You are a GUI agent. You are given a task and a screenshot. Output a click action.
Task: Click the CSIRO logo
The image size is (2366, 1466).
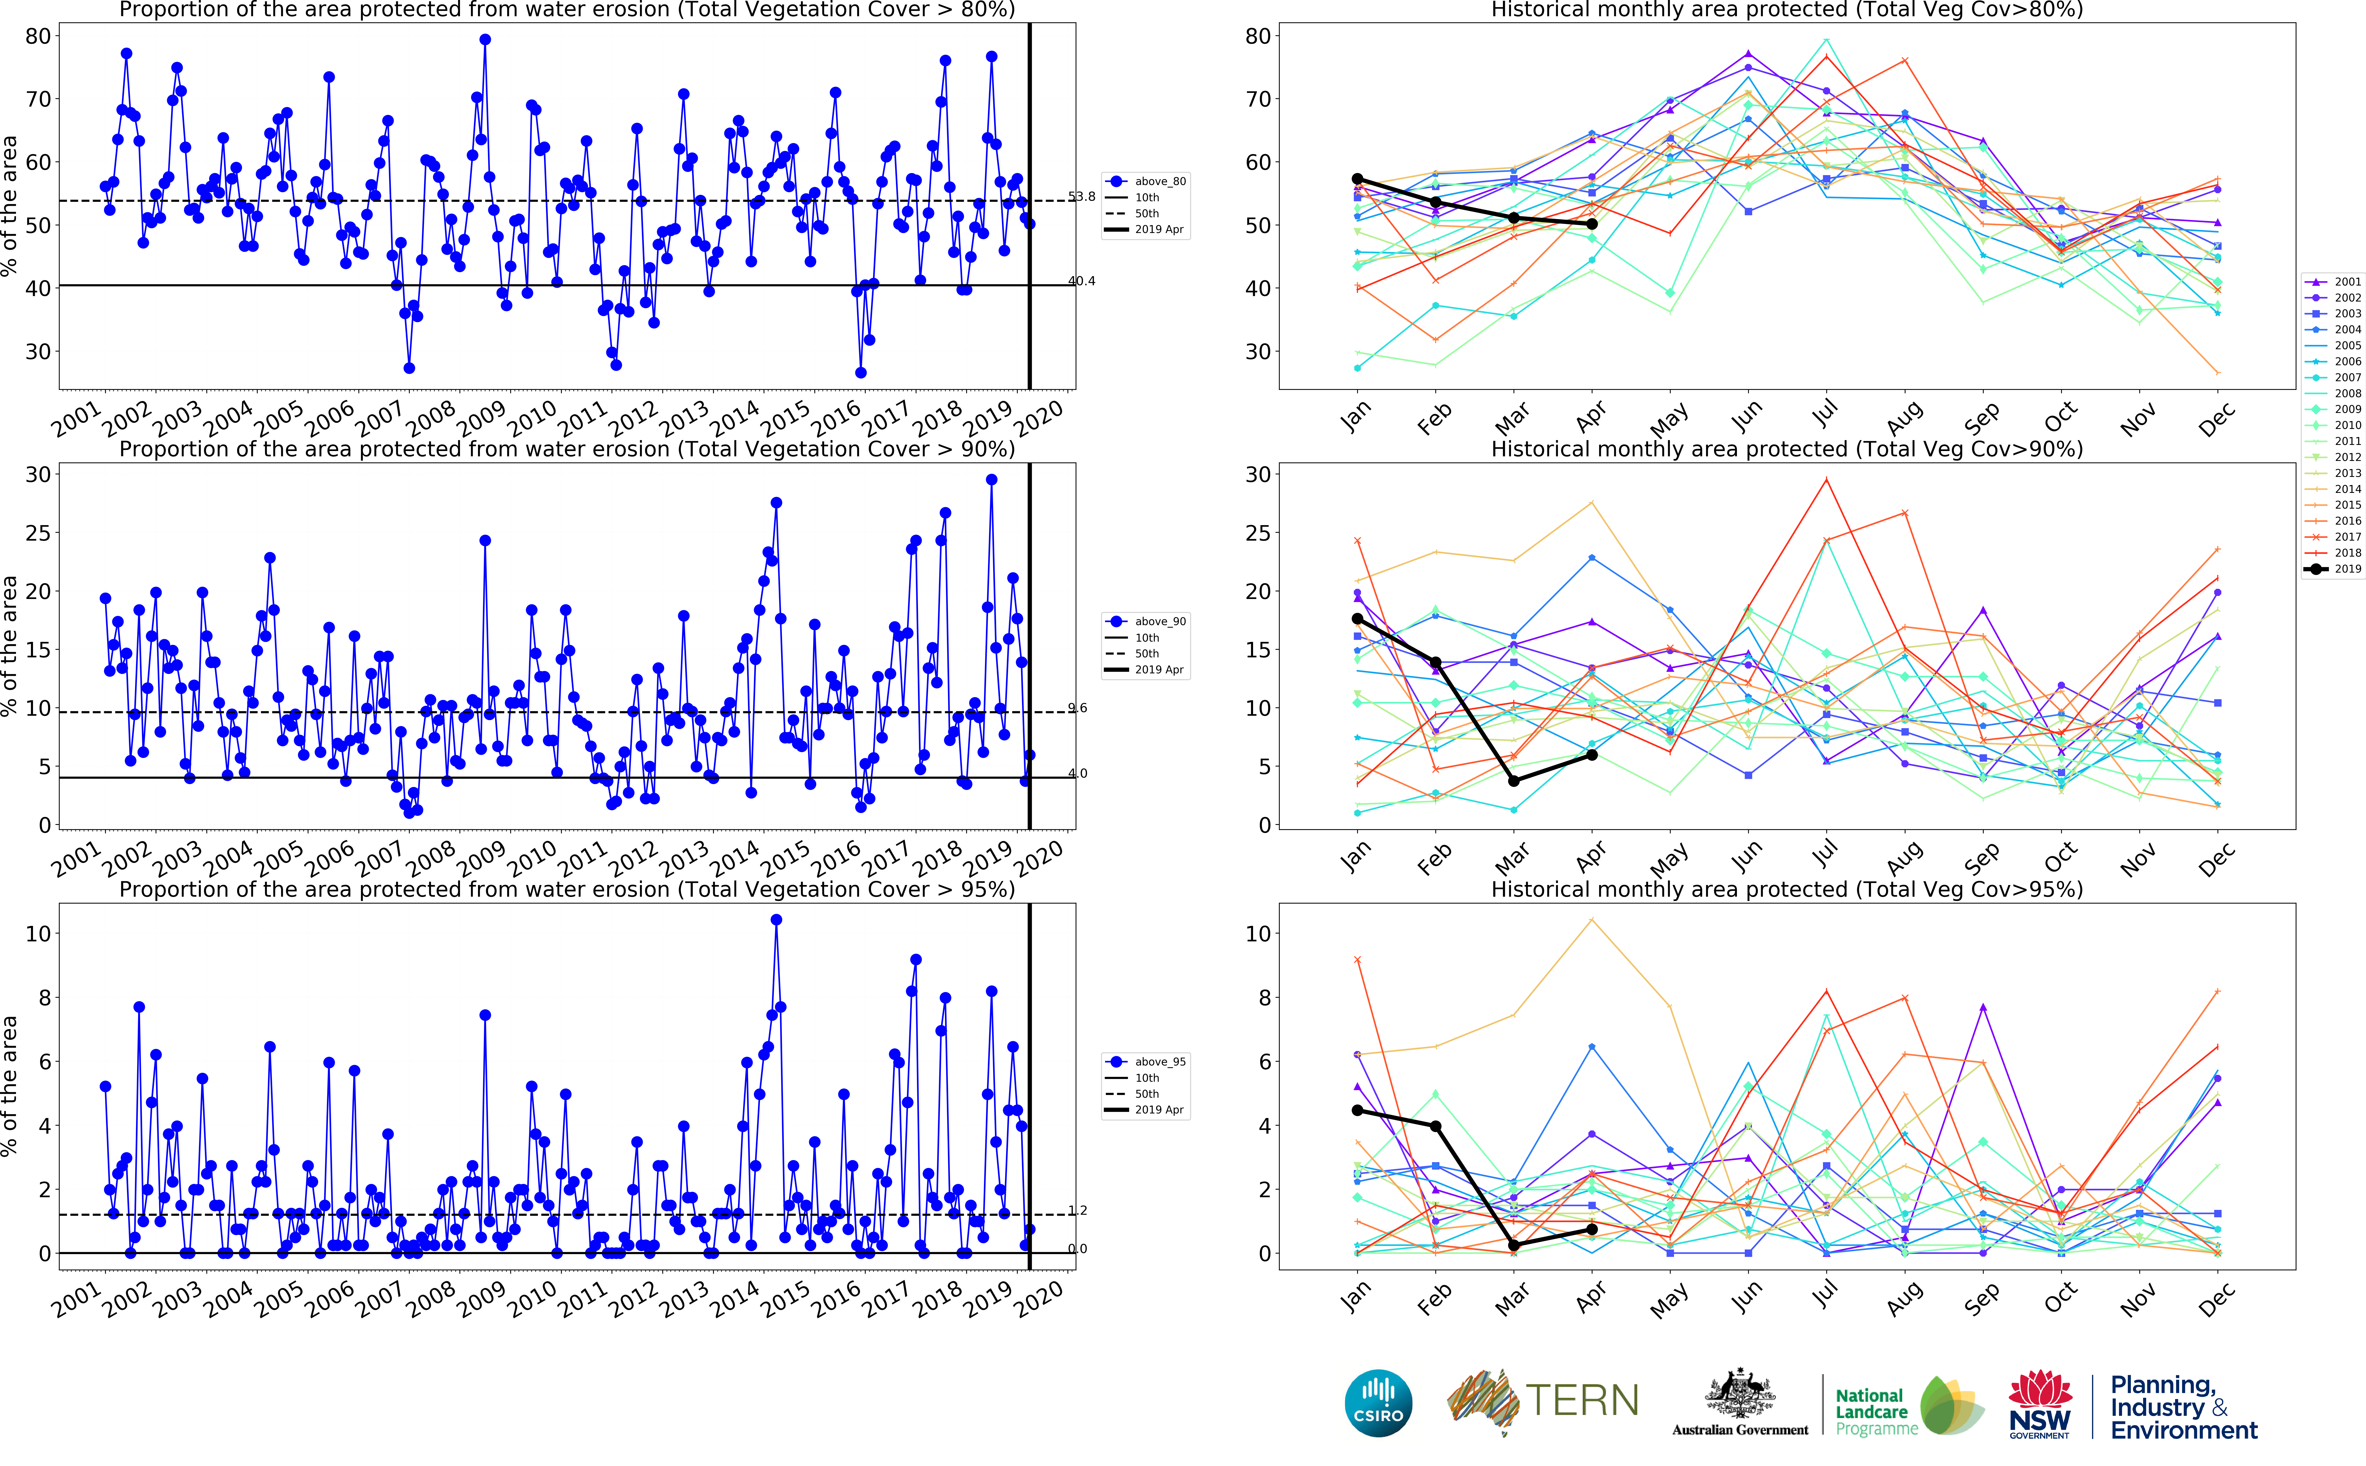[x=1378, y=1403]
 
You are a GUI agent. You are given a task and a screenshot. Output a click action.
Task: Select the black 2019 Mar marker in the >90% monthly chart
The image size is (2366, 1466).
[x=1514, y=780]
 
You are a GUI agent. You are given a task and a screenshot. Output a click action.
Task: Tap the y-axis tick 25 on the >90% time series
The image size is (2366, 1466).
[x=38, y=533]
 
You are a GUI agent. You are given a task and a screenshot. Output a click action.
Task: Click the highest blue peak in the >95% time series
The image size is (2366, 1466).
[x=776, y=920]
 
